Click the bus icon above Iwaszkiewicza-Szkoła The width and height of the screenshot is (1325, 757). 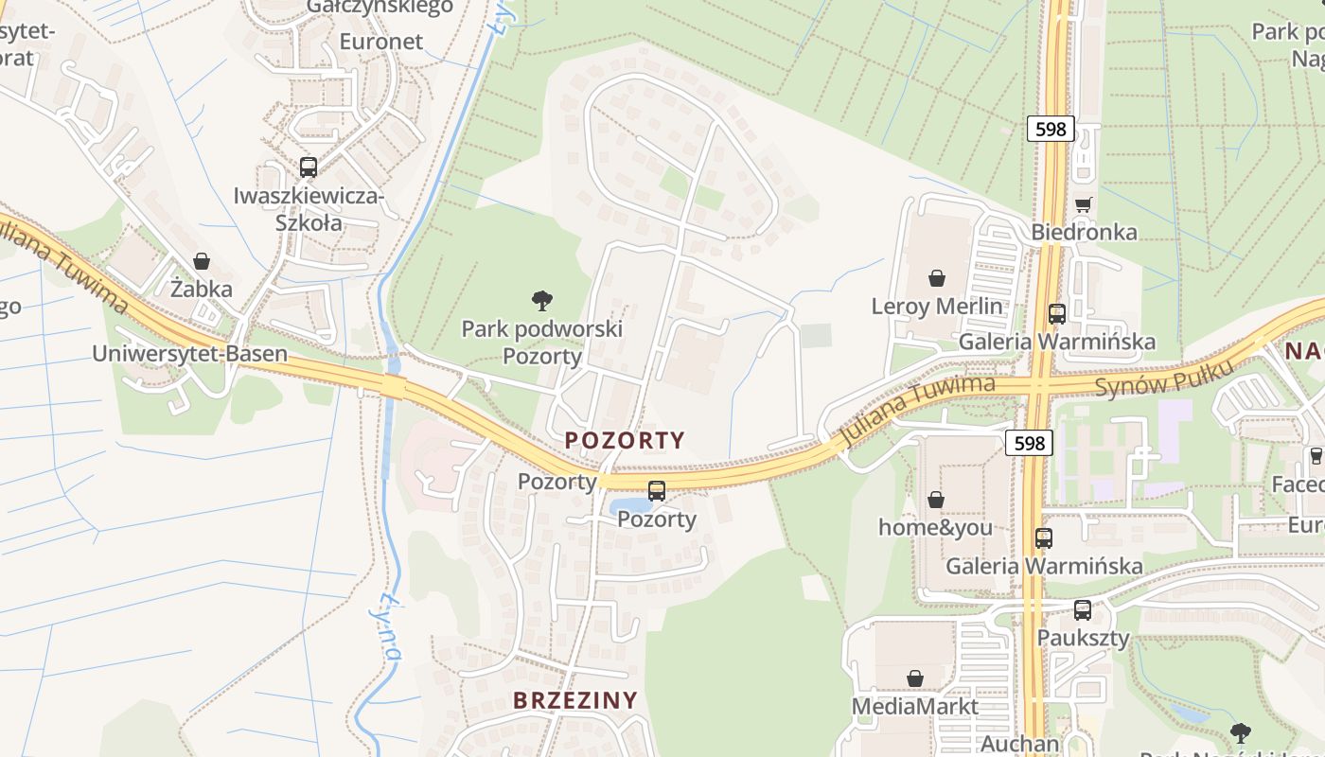(309, 167)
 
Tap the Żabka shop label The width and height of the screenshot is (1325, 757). (201, 289)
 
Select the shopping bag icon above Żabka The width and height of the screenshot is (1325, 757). (202, 261)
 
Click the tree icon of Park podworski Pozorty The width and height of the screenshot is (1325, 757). (542, 302)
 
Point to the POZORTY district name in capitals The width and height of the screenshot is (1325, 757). (625, 440)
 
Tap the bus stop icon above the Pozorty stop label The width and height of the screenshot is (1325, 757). (657, 491)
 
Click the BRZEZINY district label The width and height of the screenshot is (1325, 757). (575, 700)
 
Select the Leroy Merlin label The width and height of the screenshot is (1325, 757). (936, 306)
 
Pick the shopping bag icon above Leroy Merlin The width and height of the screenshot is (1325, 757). (936, 278)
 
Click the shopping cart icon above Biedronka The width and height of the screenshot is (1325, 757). (1084, 204)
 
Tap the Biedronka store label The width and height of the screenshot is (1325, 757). (1084, 232)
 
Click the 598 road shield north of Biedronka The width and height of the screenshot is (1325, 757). (1051, 129)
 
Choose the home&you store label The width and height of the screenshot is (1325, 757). (935, 527)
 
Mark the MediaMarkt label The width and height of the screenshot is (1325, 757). (915, 706)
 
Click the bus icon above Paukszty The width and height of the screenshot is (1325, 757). (1083, 610)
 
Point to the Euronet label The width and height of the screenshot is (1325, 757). (380, 42)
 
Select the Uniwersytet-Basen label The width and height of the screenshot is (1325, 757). (189, 354)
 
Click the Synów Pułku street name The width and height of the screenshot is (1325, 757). (1165, 378)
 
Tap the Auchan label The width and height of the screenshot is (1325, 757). (1019, 744)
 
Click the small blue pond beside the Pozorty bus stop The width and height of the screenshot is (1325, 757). (627, 506)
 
